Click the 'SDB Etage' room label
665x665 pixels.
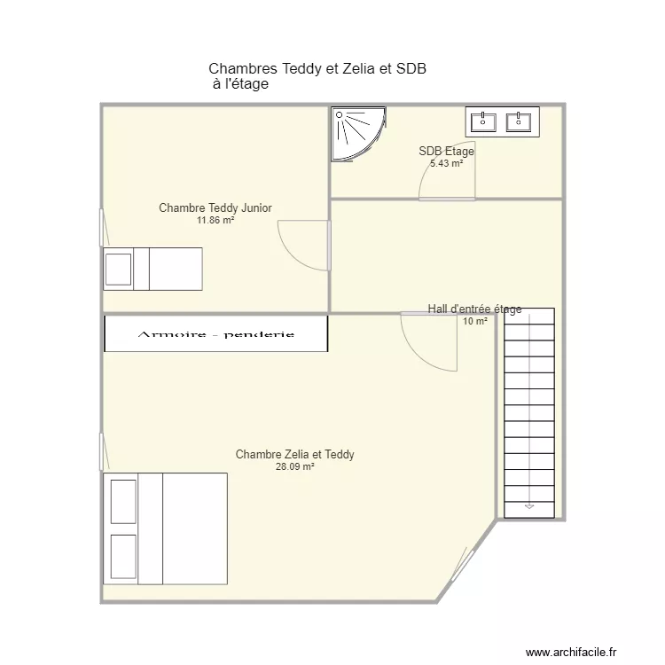[446, 152]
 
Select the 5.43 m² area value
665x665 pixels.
[446, 163]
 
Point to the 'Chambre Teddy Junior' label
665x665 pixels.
[215, 208]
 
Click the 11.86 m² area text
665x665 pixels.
[215, 220]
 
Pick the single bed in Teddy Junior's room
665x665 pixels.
[153, 269]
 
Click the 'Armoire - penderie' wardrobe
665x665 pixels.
[216, 334]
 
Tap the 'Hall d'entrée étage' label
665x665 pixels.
[474, 309]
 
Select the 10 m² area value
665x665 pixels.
[474, 321]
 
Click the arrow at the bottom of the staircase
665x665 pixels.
[529, 505]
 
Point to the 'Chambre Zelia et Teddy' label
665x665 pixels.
[295, 455]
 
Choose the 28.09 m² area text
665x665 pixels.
[295, 466]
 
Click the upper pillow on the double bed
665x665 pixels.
[123, 501]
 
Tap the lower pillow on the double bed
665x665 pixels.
[123, 556]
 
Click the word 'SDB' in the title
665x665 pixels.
[411, 68]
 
